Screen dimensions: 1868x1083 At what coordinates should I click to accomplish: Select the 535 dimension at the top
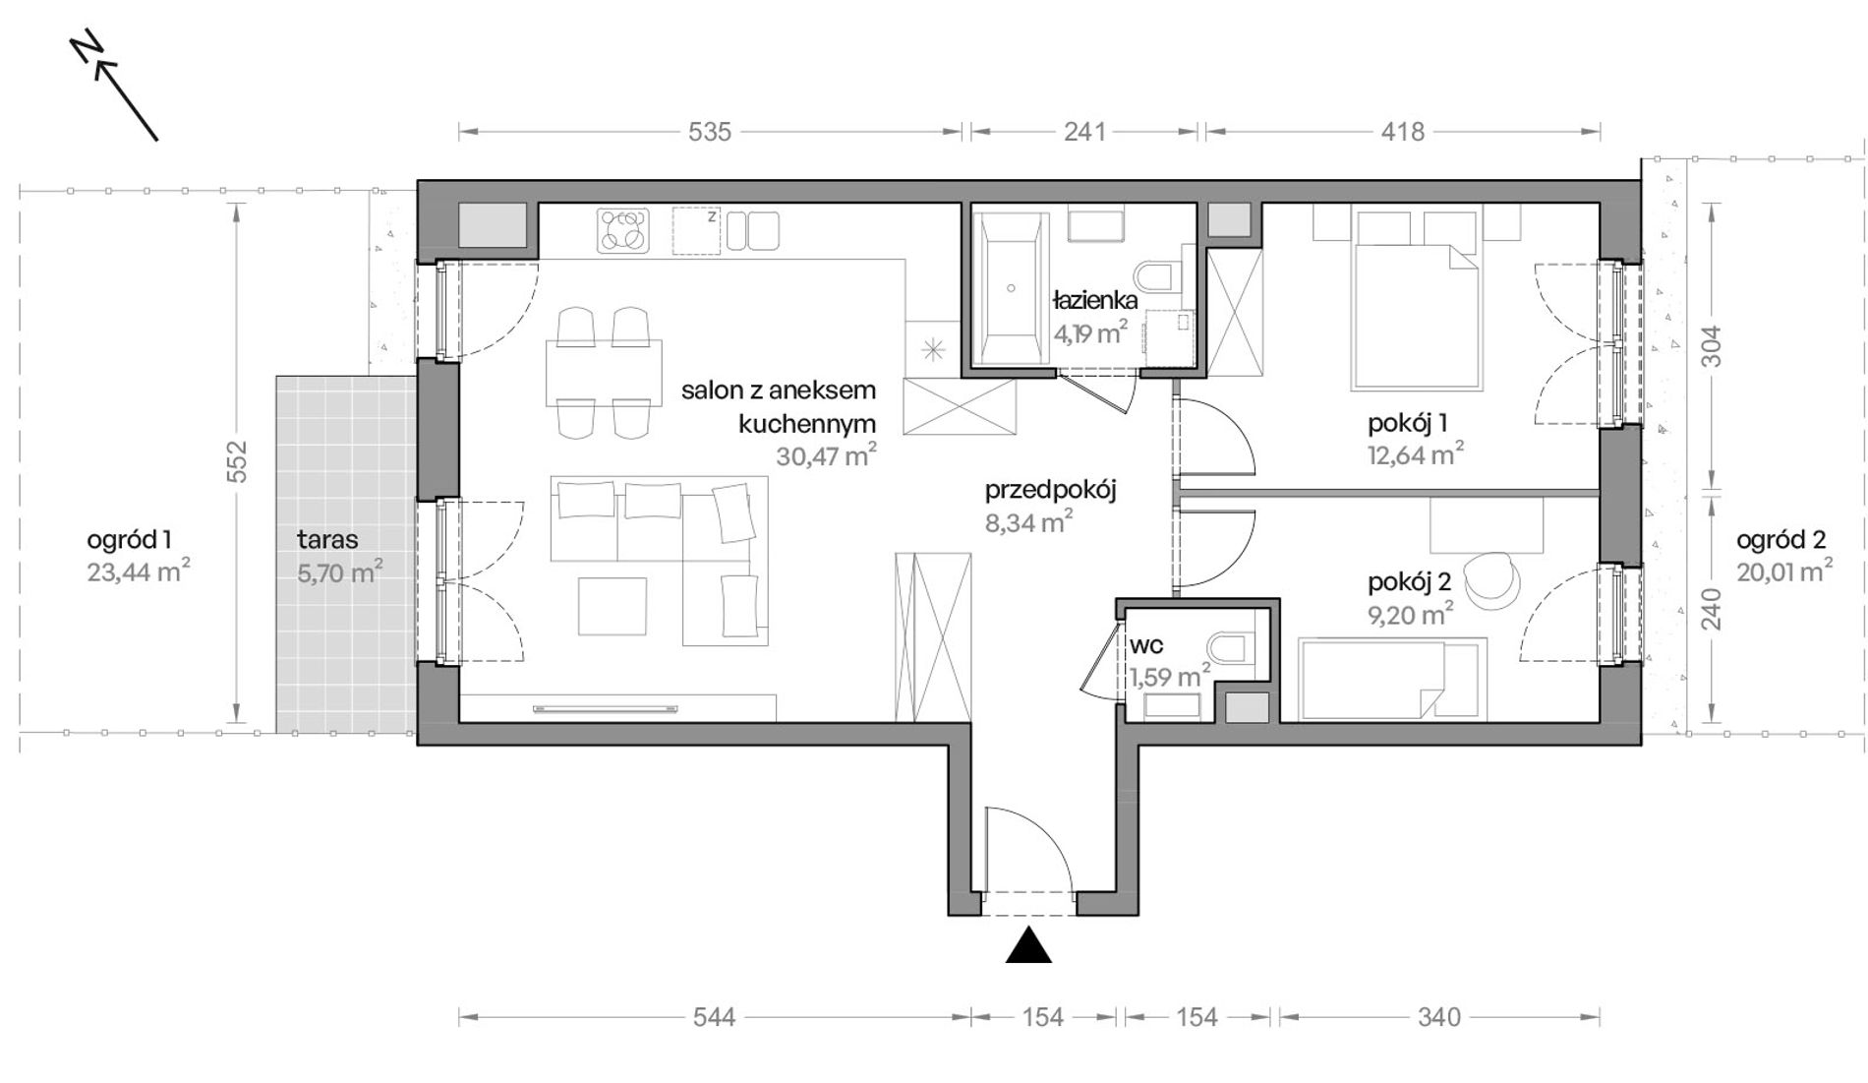[710, 131]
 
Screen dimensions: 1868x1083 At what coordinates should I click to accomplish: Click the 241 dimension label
[1084, 131]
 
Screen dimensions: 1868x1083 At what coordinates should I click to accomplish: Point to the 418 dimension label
[1402, 131]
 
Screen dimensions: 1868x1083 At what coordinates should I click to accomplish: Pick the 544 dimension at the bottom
[714, 1017]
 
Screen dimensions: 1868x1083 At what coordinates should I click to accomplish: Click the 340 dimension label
[1439, 1017]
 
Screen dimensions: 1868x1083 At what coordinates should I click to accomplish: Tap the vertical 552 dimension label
[237, 462]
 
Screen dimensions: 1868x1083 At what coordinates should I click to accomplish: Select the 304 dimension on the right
[1712, 346]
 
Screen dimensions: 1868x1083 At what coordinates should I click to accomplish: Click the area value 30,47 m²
[826, 455]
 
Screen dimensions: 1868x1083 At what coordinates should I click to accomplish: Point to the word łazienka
[1094, 300]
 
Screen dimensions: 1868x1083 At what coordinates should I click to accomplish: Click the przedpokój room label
[1051, 490]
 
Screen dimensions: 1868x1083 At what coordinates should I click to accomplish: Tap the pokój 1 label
[1407, 424]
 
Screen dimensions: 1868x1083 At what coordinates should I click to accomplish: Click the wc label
[1147, 646]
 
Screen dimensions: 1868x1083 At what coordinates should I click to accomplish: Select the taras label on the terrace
[327, 539]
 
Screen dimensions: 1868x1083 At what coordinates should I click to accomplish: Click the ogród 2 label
[1780, 539]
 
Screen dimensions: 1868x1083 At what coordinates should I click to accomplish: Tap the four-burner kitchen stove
[623, 231]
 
